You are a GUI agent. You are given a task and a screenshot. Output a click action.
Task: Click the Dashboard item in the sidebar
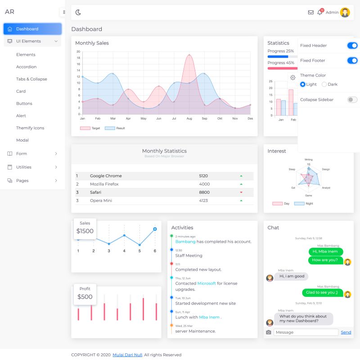pos(27,29)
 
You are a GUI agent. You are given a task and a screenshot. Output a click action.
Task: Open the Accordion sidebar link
pos(26,67)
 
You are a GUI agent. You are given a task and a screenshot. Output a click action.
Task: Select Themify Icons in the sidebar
pos(30,128)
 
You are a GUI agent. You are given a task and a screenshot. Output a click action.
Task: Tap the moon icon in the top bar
pos(78,13)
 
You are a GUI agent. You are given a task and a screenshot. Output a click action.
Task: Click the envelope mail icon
pos(310,13)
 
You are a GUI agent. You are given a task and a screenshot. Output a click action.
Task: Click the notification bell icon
pos(319,13)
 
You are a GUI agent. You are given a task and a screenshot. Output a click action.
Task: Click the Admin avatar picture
pos(345,13)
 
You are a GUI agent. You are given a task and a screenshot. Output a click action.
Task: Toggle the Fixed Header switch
pos(352,45)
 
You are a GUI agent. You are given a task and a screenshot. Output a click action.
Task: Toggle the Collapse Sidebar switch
pos(352,99)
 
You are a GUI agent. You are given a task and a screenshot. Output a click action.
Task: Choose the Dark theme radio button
pos(324,85)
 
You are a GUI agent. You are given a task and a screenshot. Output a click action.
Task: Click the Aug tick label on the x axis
pos(189,119)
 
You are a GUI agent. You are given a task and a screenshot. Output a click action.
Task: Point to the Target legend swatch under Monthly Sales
pos(85,128)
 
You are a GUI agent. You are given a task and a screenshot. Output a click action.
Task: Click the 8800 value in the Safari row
pos(204,192)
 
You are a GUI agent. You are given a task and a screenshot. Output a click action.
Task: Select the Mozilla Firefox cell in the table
pos(104,184)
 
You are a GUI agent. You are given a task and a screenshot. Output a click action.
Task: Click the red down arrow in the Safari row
pos(241,192)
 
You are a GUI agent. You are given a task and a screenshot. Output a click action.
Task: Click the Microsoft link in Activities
pos(207,284)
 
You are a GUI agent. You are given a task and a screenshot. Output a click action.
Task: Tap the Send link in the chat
pos(346,332)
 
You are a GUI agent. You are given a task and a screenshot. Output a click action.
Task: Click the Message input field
pos(306,332)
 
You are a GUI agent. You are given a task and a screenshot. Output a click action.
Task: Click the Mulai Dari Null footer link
pos(127,355)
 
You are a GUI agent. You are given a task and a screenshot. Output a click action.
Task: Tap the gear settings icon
pos(292,78)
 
